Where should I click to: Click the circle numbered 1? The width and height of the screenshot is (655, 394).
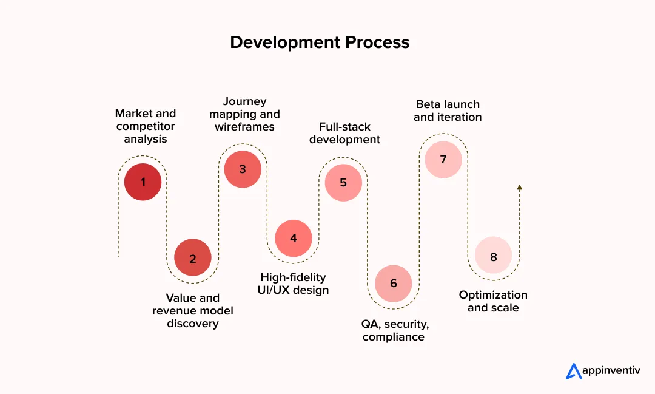(143, 182)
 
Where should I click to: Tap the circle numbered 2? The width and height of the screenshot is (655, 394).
(193, 258)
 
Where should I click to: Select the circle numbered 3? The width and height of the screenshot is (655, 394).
(243, 169)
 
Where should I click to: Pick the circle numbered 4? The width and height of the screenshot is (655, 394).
(294, 238)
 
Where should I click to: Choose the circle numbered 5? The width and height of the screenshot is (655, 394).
(343, 182)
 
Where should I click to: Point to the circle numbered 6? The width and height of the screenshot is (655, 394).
(393, 283)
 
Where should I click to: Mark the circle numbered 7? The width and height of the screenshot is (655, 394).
(443, 160)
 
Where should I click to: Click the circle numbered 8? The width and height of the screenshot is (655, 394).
(493, 257)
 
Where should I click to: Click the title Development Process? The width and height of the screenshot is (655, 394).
(320, 42)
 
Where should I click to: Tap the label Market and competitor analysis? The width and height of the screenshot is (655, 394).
(146, 126)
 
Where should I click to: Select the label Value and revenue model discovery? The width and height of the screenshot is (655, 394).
(192, 311)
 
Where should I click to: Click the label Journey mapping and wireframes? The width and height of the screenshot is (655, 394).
(244, 114)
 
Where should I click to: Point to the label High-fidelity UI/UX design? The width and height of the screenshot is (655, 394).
(294, 284)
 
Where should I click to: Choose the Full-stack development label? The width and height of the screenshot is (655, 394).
(344, 133)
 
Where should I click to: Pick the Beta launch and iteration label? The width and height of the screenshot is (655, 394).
(448, 110)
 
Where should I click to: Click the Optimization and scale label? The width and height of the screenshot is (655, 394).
(493, 301)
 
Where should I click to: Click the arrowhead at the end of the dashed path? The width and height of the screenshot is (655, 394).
(519, 188)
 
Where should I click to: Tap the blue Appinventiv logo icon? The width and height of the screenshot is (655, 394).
(574, 371)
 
